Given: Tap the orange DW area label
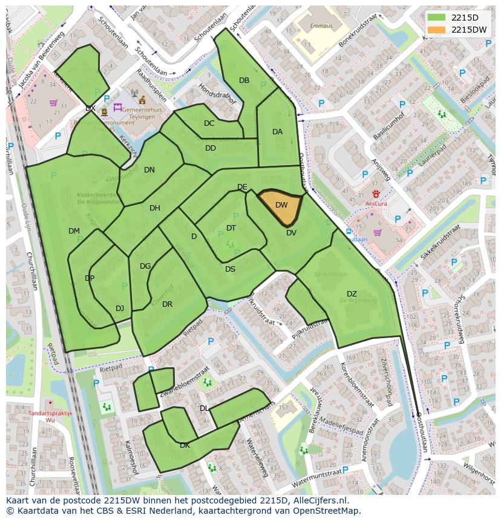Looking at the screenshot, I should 281,205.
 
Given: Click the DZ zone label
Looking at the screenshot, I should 352,294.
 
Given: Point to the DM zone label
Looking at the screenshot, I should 74,231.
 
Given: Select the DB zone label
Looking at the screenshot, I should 244,80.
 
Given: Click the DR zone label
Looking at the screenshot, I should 168,304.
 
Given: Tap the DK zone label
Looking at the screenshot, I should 185,445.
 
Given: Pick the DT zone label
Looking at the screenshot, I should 231,228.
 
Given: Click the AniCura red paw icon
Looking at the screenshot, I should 376,194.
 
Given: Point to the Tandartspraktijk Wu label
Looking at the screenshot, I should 50,416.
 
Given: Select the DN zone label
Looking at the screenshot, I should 149,170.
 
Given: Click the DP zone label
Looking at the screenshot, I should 90,278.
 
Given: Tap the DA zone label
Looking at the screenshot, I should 277,132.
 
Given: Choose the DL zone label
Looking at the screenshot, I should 205,408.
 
